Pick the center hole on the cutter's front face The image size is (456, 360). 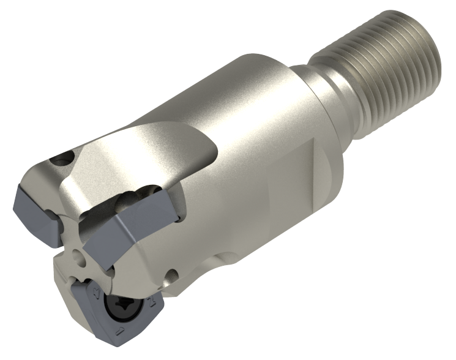[x=77, y=253]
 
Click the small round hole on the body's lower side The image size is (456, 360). [x=175, y=277]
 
